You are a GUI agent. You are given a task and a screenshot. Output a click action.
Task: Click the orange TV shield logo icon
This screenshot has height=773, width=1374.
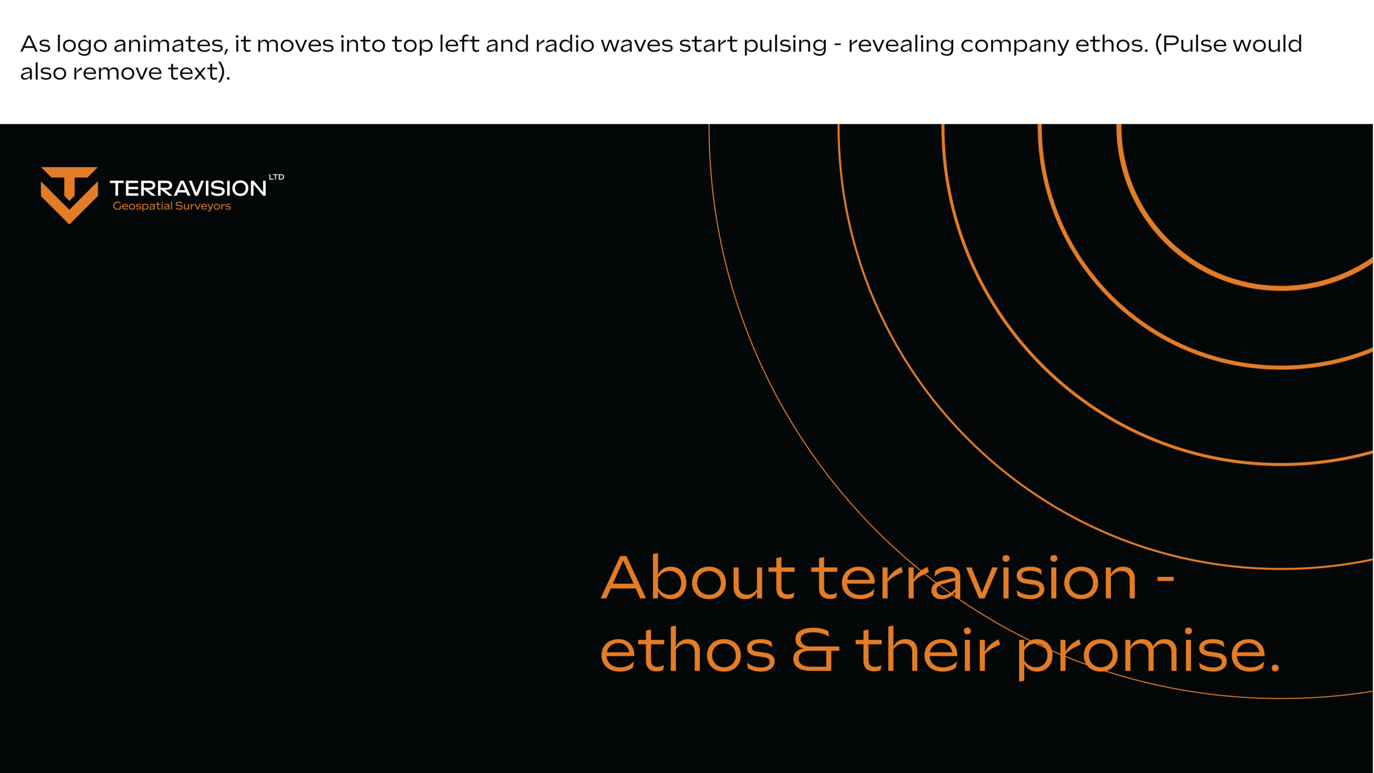pos(69,194)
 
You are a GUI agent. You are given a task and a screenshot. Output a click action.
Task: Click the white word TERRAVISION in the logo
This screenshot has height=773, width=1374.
pos(188,189)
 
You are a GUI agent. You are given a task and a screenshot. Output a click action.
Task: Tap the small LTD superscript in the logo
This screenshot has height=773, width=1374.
pos(276,177)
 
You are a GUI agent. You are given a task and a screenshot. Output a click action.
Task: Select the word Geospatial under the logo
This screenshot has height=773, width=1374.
pos(143,206)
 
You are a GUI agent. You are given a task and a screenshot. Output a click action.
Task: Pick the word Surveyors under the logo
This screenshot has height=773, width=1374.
pos(203,206)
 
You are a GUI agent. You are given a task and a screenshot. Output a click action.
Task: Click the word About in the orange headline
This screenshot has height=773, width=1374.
pos(698,577)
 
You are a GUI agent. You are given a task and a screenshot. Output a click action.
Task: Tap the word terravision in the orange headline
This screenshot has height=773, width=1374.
pos(974,577)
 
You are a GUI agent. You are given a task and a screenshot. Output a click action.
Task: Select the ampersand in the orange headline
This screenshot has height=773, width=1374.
pos(815,649)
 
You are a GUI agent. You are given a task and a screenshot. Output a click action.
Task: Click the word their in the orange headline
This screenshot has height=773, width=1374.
pos(927,649)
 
